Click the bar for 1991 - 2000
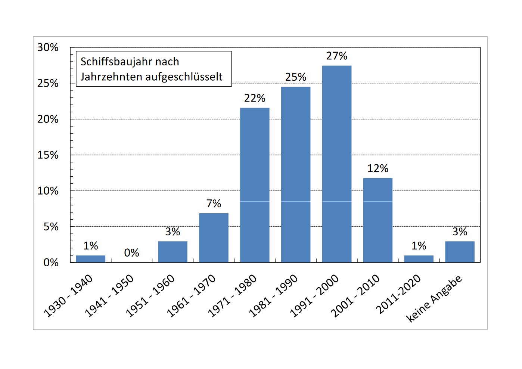click(337, 164)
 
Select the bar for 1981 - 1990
click(296, 175)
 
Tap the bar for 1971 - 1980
click(255, 185)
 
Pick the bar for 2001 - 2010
click(378, 220)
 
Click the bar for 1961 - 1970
click(214, 238)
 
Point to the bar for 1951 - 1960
click(173, 252)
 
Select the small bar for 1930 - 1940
click(91, 259)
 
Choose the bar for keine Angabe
click(460, 252)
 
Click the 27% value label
click(337, 56)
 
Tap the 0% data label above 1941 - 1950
click(131, 253)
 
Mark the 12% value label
click(378, 168)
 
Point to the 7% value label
click(214, 204)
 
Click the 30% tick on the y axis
click(48, 47)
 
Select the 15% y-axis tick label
click(48, 155)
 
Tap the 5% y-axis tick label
click(51, 227)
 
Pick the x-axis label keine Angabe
click(434, 298)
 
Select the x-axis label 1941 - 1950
click(109, 296)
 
